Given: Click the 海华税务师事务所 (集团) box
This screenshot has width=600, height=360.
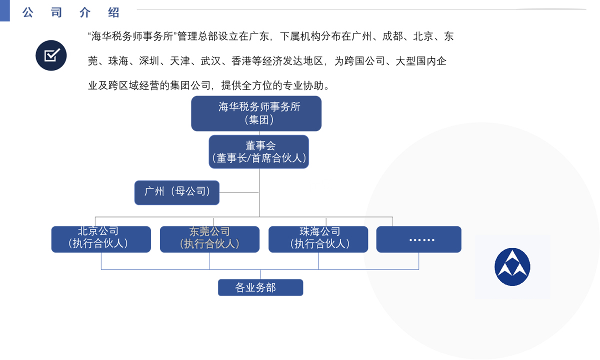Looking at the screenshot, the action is [x=256, y=113].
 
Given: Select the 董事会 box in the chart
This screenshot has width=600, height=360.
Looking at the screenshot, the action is [x=259, y=152].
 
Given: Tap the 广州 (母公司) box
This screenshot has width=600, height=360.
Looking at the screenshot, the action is [x=177, y=192].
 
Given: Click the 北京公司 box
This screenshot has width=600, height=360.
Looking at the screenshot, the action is [x=101, y=239].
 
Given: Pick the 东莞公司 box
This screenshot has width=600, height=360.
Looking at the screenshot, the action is [x=209, y=239].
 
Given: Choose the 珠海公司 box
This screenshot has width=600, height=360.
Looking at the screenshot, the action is [x=318, y=239].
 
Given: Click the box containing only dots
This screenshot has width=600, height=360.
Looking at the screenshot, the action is [x=418, y=239].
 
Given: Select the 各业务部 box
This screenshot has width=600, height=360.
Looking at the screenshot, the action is [x=260, y=287].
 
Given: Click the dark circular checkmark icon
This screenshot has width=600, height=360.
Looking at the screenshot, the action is [x=51, y=55].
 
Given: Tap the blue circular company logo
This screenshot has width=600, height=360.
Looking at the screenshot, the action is [x=512, y=267].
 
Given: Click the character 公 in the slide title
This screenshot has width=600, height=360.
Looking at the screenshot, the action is [x=28, y=12].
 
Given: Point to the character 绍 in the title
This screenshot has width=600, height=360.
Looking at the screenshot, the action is [x=113, y=12].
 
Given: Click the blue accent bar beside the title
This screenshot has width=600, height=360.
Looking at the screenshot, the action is [x=5, y=10].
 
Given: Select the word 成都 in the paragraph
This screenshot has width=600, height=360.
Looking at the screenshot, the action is [x=392, y=36].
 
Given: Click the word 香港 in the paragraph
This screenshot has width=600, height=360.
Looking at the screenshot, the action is [x=241, y=61].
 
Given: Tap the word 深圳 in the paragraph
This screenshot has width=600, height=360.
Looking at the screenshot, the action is [x=149, y=61].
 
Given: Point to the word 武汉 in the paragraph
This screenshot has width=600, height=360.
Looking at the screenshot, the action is [x=211, y=61].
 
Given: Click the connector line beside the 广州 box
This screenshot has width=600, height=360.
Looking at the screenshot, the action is [x=239, y=192].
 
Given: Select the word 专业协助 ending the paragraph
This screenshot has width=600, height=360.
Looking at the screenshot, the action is [x=303, y=85].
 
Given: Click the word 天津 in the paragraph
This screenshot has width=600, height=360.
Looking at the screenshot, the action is [x=180, y=61].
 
